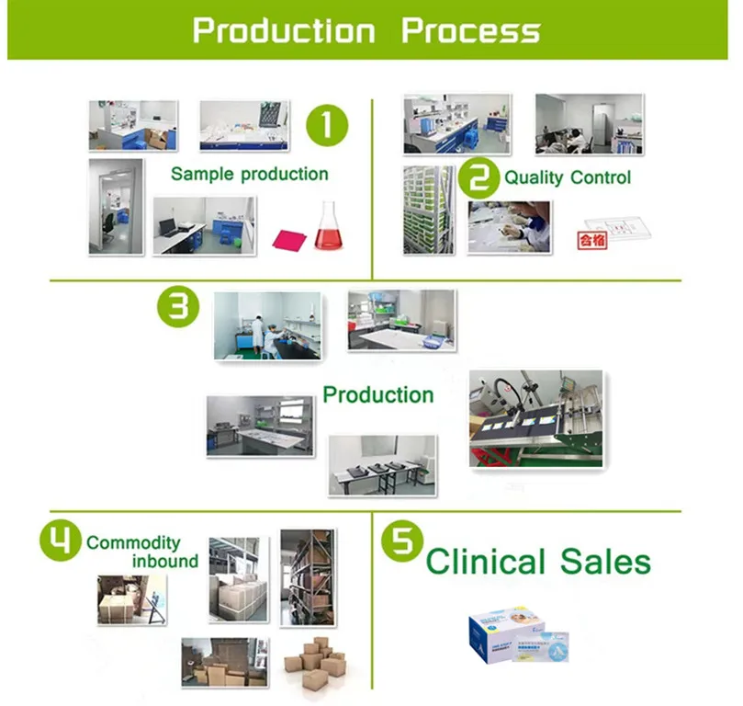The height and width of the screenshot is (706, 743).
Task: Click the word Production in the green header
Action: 283,30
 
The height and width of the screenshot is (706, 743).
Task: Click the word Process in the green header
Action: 471,30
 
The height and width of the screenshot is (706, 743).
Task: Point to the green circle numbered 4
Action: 60,541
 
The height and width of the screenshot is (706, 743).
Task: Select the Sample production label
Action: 249,174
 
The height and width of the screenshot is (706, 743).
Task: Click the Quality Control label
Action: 568,177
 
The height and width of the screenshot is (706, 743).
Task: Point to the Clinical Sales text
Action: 538,561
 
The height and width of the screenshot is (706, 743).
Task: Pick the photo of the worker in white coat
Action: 265,325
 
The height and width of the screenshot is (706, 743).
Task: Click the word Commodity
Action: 133,542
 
